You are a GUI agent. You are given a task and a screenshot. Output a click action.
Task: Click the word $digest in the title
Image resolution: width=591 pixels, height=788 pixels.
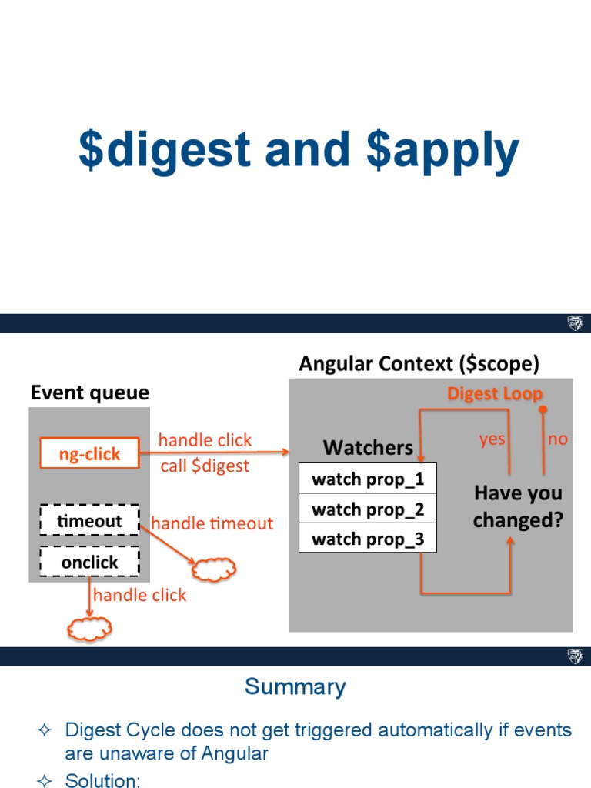pos(165,151)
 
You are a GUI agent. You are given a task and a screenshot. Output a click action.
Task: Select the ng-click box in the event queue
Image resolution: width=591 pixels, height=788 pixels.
pos(89,454)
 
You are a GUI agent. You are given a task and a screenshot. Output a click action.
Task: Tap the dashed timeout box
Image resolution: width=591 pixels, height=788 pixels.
pos(89,521)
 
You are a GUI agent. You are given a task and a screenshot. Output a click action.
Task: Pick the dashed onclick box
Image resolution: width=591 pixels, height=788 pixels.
pos(89,562)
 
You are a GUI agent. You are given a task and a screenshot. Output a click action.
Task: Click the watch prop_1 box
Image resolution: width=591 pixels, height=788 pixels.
pos(367,479)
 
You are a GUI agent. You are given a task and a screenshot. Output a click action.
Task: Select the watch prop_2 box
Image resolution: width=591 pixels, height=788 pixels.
pos(367,509)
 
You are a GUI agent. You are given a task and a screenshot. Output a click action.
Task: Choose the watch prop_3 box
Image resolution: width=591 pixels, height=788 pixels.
pos(367,539)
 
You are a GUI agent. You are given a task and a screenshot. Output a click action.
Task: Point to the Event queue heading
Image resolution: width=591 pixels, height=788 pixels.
pos(89,393)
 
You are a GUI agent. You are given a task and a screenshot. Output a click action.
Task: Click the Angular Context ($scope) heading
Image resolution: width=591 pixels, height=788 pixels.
pos(419,363)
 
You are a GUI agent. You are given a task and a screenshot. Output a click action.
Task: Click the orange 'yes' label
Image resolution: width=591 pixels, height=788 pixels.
pos(492,439)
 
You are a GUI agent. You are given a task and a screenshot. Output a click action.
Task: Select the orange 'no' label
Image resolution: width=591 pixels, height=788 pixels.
pos(557,439)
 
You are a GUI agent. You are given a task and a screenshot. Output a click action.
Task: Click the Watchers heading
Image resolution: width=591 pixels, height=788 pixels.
pos(368,447)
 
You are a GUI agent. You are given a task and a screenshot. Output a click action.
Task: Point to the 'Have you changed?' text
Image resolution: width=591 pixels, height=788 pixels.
pos(518,506)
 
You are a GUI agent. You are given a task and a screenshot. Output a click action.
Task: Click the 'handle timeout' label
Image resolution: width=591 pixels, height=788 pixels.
pos(212,523)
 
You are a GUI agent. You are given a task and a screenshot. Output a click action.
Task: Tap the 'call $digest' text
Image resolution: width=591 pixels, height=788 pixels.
pos(205,466)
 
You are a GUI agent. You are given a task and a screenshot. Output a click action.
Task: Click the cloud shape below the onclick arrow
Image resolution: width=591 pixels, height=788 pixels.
pos(90,629)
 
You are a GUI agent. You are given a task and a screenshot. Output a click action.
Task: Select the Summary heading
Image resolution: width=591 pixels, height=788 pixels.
pos(295,686)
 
